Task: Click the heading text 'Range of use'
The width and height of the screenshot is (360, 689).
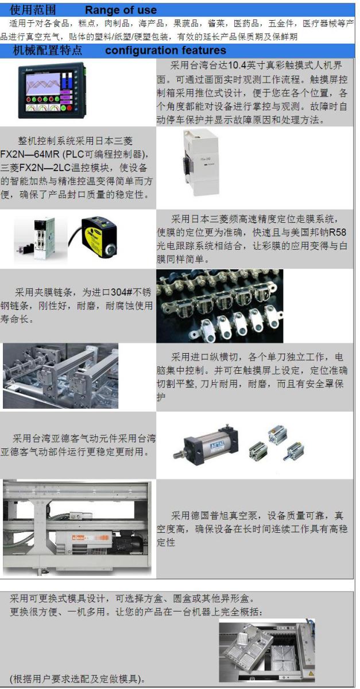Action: coord(121,10)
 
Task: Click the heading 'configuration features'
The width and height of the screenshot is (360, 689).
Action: coord(165,50)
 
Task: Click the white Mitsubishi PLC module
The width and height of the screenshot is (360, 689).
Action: coord(200,162)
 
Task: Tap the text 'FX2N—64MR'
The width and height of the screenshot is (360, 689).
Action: coord(29,154)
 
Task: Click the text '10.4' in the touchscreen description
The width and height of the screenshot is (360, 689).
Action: coord(237,65)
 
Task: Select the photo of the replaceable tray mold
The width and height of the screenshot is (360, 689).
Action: coord(267,650)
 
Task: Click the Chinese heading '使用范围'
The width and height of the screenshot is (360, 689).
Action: coord(33,10)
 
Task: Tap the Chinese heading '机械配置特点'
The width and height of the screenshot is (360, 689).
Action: coord(48,50)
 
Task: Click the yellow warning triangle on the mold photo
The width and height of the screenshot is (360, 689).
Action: coord(311,673)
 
